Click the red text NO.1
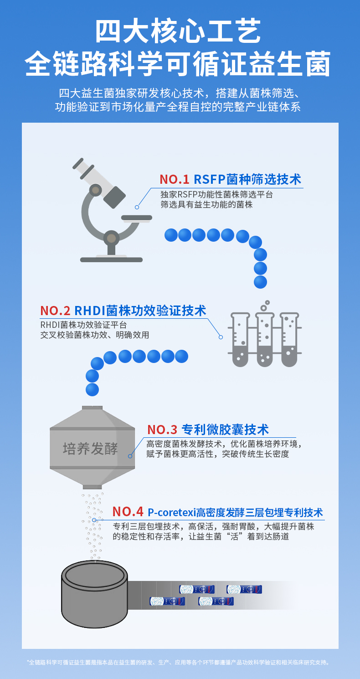click(x=174, y=179)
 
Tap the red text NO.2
click(x=55, y=311)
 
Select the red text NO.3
click(x=162, y=430)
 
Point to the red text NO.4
click(x=128, y=512)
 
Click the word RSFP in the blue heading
click(x=210, y=179)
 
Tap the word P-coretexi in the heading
click(x=172, y=512)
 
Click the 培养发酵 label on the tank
click(x=90, y=449)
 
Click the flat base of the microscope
click(x=111, y=260)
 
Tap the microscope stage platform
click(x=137, y=218)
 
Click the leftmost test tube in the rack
click(x=240, y=339)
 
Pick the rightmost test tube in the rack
click(x=289, y=339)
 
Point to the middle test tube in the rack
click(x=265, y=339)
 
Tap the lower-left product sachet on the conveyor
click(x=167, y=601)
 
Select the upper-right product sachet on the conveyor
click(x=244, y=589)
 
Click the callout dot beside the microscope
click(x=137, y=207)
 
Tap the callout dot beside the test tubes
click(x=221, y=337)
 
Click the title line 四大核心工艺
click(x=178, y=31)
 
